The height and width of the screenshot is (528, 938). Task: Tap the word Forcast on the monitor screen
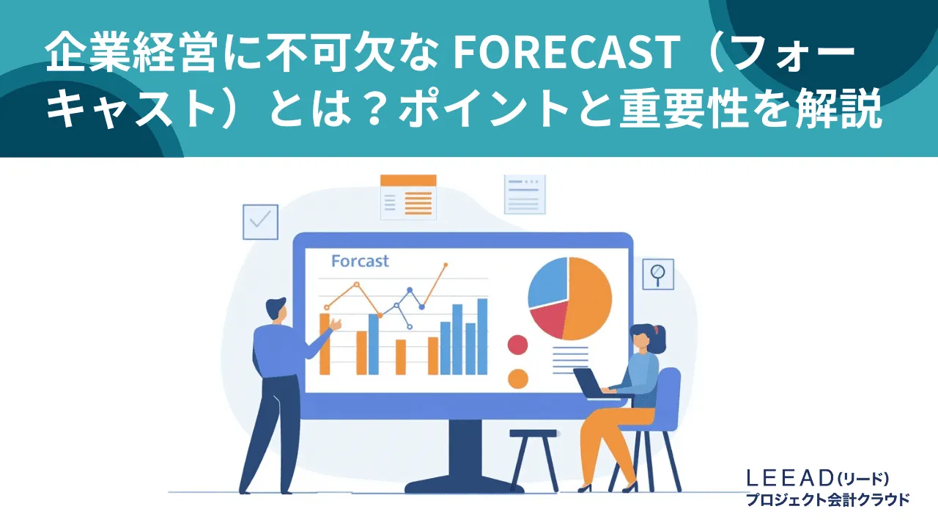click(360, 261)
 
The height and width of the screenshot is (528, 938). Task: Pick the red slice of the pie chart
click(550, 320)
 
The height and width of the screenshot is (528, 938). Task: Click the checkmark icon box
click(260, 221)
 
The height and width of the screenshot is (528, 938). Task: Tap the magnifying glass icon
click(657, 274)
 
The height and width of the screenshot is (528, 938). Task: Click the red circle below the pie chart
click(517, 345)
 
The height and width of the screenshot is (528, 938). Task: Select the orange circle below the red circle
click(517, 378)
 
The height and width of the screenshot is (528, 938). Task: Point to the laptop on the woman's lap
click(591, 382)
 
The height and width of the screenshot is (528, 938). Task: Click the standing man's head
click(276, 308)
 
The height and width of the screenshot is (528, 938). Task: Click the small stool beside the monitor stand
click(533, 455)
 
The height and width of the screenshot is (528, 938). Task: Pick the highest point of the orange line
click(446, 265)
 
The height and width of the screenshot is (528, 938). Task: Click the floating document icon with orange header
click(408, 197)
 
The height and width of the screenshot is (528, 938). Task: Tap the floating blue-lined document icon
click(525, 194)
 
